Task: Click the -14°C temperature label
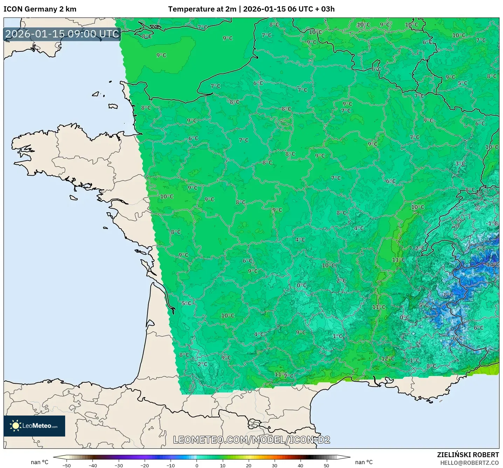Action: click(x=492, y=264)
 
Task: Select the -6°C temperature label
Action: click(x=457, y=338)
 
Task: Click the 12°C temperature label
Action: click(x=388, y=359)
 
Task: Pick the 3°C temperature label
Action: click(x=460, y=164)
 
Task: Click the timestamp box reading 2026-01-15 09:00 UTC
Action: click(x=62, y=34)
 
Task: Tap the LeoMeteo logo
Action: click(x=34, y=426)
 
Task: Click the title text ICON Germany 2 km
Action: click(x=40, y=9)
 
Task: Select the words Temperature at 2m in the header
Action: click(x=202, y=9)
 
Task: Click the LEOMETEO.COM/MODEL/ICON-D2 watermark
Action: click(x=251, y=440)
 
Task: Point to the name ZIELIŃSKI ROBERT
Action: click(x=468, y=455)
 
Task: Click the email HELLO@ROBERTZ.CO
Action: click(x=469, y=463)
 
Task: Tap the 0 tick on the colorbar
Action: click(x=197, y=465)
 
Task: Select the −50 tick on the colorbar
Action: click(x=66, y=465)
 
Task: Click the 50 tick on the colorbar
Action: click(x=326, y=465)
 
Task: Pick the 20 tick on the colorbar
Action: click(x=248, y=465)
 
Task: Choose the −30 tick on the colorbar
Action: click(x=118, y=465)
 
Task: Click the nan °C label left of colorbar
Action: click(x=40, y=462)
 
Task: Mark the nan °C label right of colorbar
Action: click(x=364, y=462)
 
